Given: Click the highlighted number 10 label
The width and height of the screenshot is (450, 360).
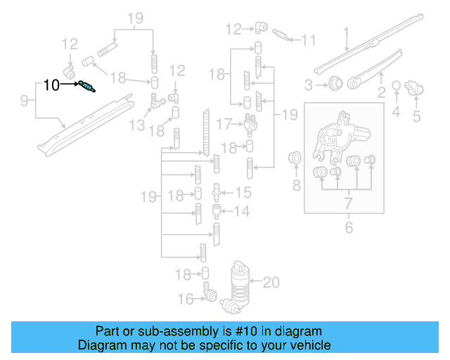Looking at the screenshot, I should pyautogui.click(x=52, y=85).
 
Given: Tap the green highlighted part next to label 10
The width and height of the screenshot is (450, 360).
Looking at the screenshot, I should pyautogui.click(x=88, y=87).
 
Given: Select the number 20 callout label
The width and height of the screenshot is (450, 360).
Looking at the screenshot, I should pyautogui.click(x=271, y=283).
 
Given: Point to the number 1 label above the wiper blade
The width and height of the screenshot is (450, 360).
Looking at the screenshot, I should pyautogui.click(x=346, y=32).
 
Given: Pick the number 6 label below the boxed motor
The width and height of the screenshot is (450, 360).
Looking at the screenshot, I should pyautogui.click(x=347, y=228).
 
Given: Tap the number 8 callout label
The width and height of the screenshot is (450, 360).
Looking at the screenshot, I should pyautogui.click(x=296, y=186).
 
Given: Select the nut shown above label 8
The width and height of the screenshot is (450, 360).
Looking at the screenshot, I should pyautogui.click(x=295, y=157).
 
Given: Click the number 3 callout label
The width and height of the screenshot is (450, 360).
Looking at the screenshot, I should pyautogui.click(x=309, y=85).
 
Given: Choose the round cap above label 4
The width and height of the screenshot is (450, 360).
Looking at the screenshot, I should pyautogui.click(x=396, y=86).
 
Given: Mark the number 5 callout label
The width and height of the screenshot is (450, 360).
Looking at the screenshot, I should pyautogui.click(x=416, y=116).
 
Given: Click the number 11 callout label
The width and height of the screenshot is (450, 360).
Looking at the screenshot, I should pyautogui.click(x=309, y=40).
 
